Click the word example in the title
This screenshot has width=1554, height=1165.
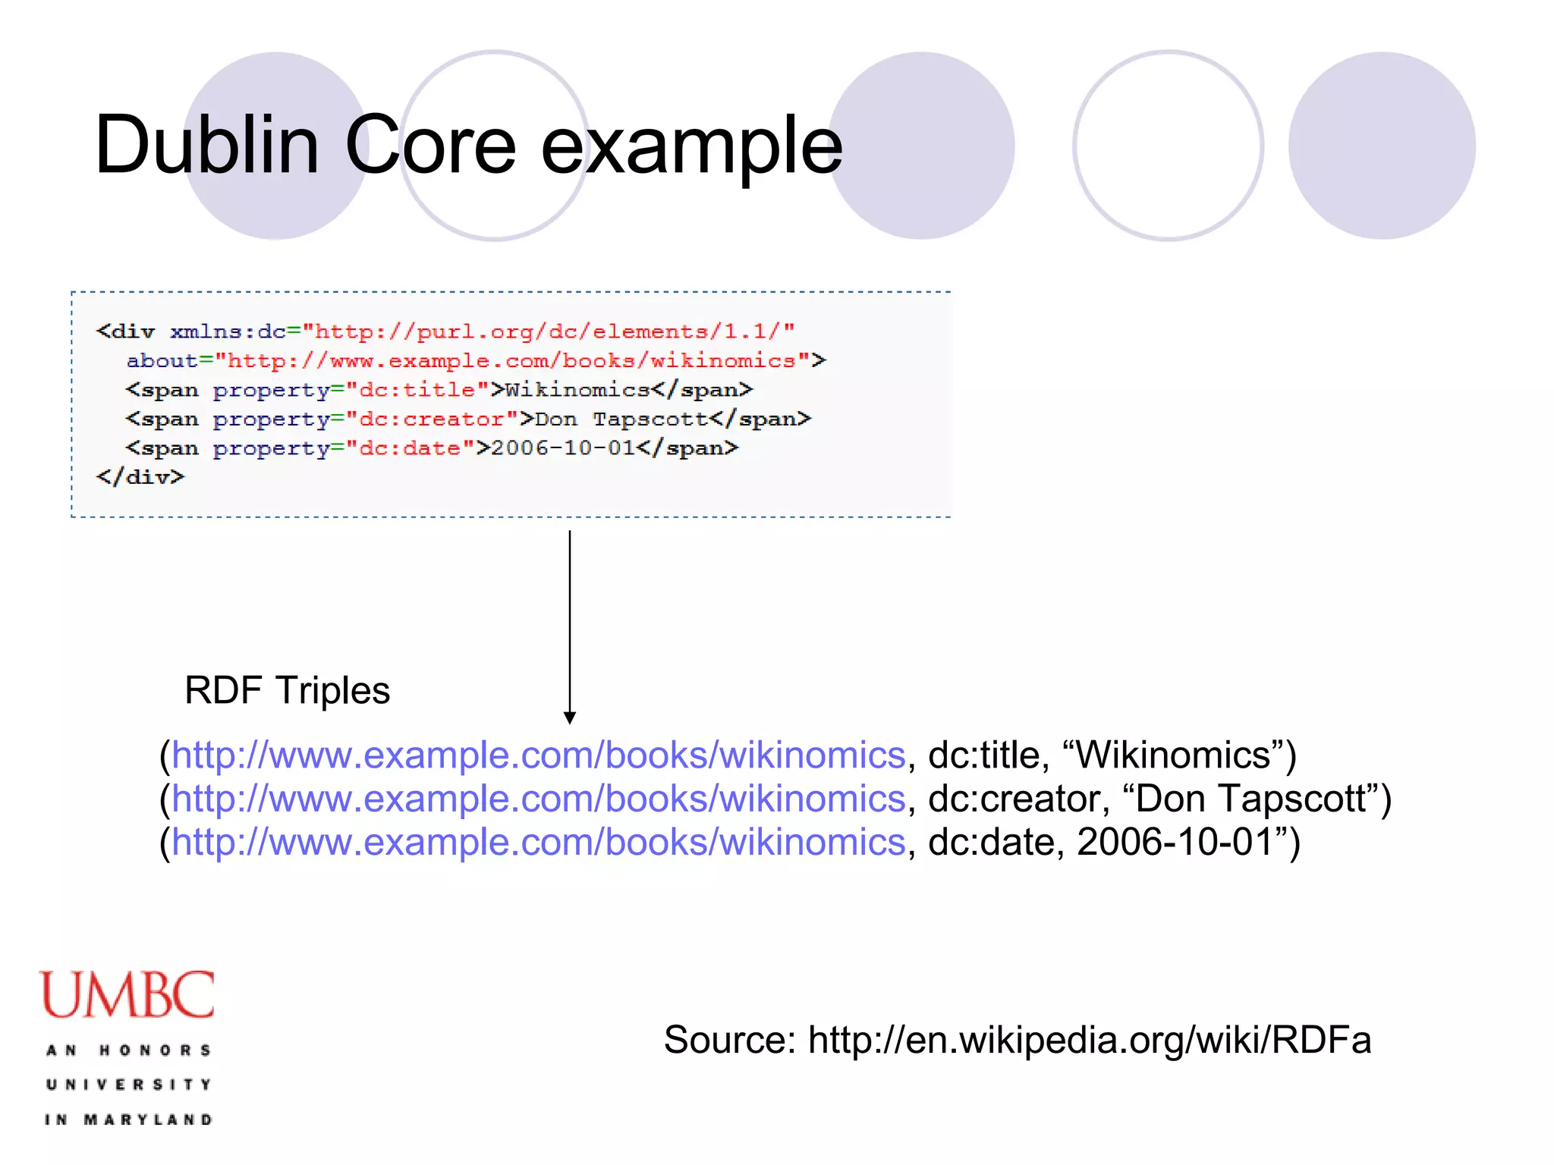tap(691, 146)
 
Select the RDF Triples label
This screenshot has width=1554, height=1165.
tap(287, 690)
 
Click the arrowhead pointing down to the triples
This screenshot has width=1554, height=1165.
tap(570, 718)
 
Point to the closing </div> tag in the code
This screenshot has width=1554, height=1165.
tap(140, 477)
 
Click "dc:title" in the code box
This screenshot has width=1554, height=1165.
tap(417, 390)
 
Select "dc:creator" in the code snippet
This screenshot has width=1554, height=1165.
tap(431, 419)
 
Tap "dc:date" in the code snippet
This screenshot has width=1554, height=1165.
tap(410, 448)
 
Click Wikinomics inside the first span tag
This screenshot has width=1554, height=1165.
tap(577, 390)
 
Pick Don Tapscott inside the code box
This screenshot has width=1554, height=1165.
tap(621, 419)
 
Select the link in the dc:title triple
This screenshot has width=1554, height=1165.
tap(539, 755)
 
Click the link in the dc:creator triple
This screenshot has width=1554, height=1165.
tap(539, 799)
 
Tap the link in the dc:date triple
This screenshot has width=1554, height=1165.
tap(539, 842)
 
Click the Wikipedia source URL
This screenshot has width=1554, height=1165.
tap(1090, 1039)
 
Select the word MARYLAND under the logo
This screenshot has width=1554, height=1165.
tap(148, 1119)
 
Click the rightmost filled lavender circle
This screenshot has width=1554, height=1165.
tap(1382, 146)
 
